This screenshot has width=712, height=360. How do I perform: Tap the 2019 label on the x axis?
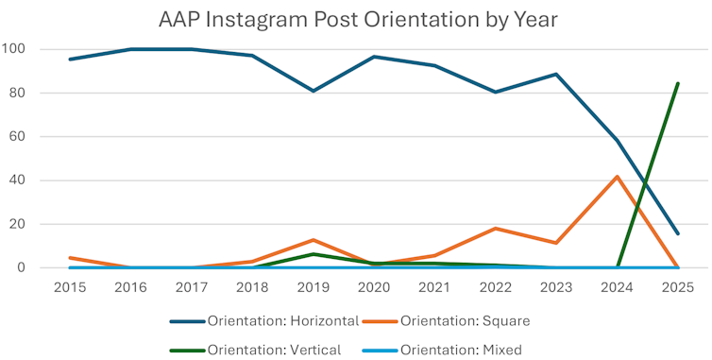coord(313,285)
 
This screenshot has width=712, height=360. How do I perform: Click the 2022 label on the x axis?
coord(495,285)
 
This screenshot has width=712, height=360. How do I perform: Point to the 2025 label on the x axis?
coord(677,285)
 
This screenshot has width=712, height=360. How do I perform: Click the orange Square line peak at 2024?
coord(617,177)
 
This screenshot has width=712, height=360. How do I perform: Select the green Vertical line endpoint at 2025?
coord(677,83)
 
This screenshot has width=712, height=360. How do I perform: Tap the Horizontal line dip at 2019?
coord(313,91)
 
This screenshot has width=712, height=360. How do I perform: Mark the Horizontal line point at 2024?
coord(617,141)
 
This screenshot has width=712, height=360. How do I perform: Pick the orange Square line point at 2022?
coord(495,229)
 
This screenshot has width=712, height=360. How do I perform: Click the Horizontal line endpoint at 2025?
coord(677,233)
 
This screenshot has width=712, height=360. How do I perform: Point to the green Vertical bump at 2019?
coord(313,254)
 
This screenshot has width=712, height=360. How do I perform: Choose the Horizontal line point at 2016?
coord(130,49)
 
